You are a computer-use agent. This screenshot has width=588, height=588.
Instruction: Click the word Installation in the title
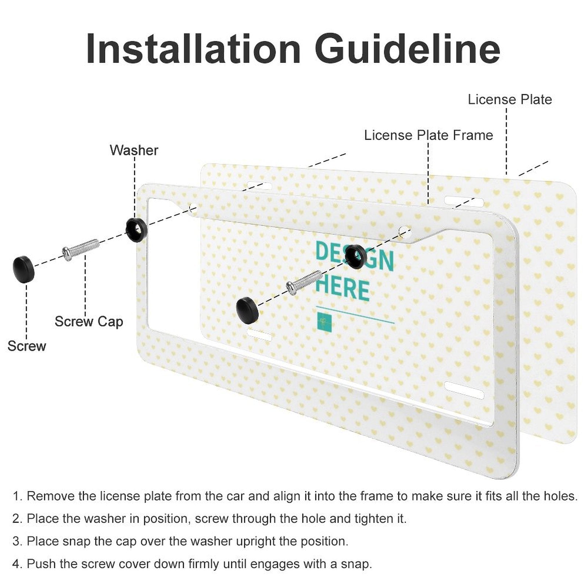click(193, 49)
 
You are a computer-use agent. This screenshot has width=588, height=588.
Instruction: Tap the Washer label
click(134, 150)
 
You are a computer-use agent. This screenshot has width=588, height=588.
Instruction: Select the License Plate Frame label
click(428, 135)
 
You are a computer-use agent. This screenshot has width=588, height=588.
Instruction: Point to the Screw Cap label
click(89, 322)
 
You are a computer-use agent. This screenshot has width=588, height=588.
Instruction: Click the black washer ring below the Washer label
click(136, 230)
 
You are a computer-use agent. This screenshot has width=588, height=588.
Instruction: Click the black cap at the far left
click(24, 269)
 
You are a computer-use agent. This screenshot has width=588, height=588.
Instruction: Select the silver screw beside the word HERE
click(304, 282)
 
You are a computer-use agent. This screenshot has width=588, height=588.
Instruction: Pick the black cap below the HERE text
click(247, 311)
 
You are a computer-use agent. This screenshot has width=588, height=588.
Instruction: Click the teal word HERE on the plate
click(342, 290)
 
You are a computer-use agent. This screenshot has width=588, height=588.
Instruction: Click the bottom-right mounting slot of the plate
click(464, 390)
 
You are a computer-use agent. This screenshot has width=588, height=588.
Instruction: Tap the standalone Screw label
click(27, 346)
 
